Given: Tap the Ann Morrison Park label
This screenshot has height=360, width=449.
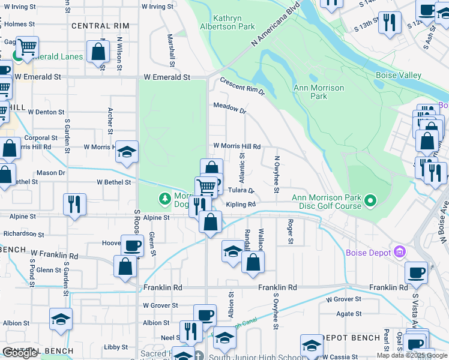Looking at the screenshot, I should [319, 92].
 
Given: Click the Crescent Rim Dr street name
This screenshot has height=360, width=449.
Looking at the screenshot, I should [242, 86].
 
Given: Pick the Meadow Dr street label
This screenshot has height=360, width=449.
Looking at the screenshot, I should [230, 111].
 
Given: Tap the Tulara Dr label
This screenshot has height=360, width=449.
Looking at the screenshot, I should [241, 191].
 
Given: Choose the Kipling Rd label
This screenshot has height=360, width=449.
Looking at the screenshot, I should [241, 205].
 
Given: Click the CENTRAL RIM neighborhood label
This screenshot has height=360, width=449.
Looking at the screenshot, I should [100, 26].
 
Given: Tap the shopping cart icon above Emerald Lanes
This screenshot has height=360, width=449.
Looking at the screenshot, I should [27, 47].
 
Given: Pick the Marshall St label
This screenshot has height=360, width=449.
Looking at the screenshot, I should [172, 50].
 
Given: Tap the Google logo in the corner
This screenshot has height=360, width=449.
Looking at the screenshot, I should [20, 353].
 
